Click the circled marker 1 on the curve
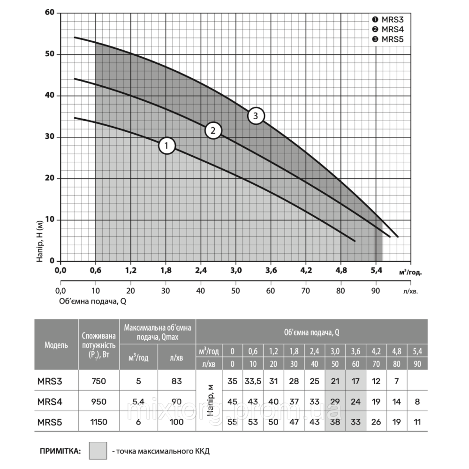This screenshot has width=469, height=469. (166, 146)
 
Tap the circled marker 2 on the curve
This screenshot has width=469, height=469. (213, 130)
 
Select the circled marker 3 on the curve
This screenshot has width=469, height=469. (256, 116)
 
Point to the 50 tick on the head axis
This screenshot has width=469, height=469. (50, 54)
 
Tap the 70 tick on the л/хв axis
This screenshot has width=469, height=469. (305, 290)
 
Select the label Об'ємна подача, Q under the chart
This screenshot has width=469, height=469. (93, 302)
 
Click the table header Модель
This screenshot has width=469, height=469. (56, 345)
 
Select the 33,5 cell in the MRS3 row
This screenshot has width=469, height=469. (253, 381)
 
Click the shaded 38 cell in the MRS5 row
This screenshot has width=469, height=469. (335, 422)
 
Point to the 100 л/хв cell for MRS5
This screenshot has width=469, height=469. (176, 422)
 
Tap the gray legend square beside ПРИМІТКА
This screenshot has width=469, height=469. (98, 451)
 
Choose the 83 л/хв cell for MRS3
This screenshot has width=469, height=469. (176, 381)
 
